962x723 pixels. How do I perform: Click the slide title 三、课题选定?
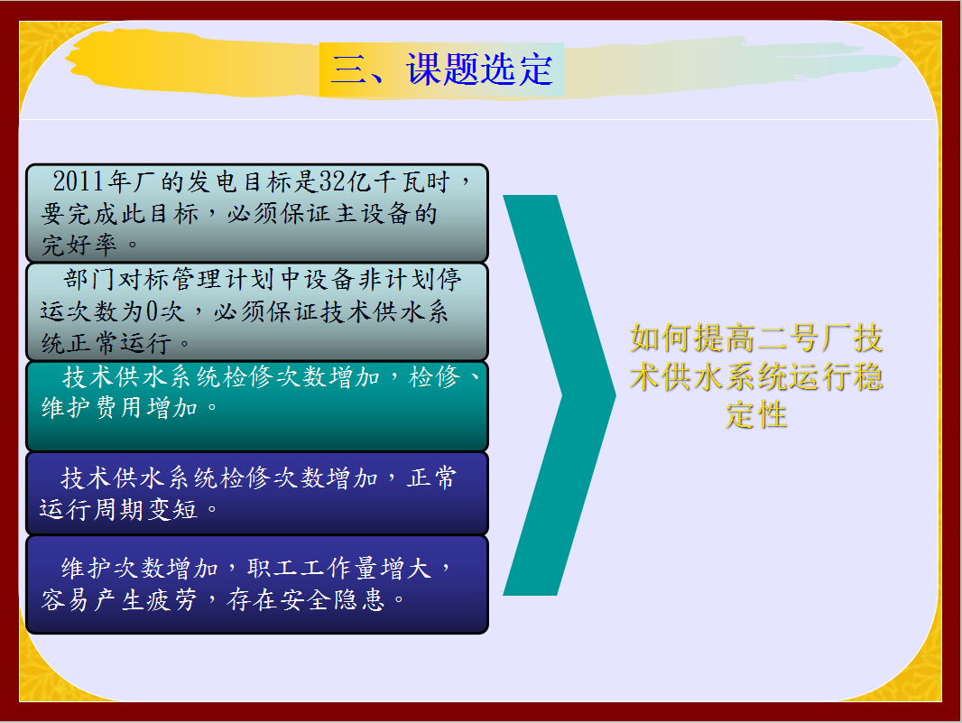[441, 69]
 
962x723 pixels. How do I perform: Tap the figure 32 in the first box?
[332, 181]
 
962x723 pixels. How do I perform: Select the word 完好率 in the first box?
[79, 245]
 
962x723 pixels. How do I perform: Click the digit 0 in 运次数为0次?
[153, 311]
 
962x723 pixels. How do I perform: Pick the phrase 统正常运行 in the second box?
[106, 343]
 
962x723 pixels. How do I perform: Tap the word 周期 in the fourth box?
[119, 509]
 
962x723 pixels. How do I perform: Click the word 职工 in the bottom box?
[273, 569]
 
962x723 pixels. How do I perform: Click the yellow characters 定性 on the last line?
[756, 415]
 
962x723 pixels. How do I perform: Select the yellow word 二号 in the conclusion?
[788, 338]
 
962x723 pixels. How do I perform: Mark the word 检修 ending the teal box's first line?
[434, 376]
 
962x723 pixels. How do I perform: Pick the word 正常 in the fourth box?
[432, 477]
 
